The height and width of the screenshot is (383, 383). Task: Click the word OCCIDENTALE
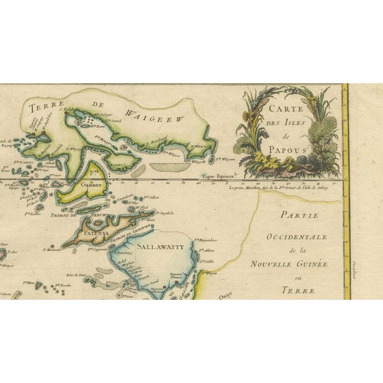297,237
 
